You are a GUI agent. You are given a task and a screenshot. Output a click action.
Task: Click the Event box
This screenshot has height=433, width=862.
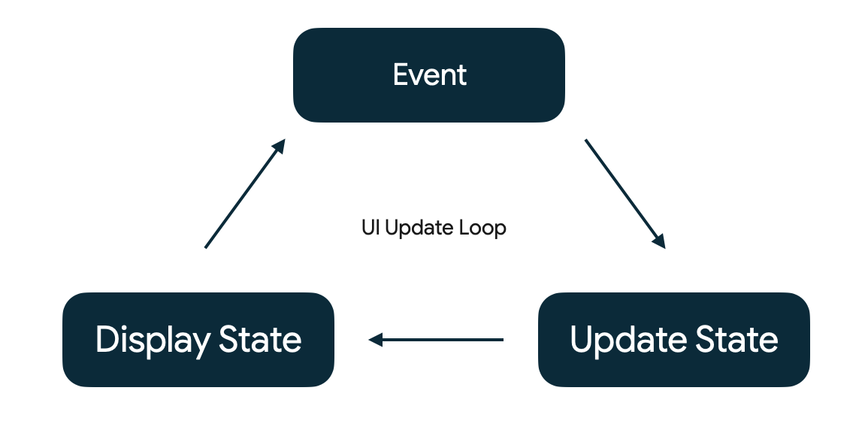pyautogui.click(x=428, y=75)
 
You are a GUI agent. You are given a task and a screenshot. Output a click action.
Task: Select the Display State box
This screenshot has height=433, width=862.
pyautogui.click(x=198, y=340)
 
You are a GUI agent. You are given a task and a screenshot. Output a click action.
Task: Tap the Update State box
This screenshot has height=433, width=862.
pyautogui.click(x=673, y=340)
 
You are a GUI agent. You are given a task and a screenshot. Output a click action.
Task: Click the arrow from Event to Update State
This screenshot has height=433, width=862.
pyautogui.click(x=625, y=193)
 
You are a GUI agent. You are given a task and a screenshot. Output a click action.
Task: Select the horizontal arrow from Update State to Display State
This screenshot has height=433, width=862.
pyautogui.click(x=436, y=340)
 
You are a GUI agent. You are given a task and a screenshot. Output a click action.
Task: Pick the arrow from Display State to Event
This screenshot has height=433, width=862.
pyautogui.click(x=245, y=193)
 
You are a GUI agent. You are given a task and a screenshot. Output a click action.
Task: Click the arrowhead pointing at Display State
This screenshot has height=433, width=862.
pyautogui.click(x=375, y=340)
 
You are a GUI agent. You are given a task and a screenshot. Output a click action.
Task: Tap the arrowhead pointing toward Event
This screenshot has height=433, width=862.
pyautogui.click(x=280, y=145)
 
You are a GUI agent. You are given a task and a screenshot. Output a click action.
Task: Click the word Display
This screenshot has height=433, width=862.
pyautogui.click(x=153, y=341)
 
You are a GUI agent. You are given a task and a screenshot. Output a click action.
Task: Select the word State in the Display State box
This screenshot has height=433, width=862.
pyautogui.click(x=260, y=340)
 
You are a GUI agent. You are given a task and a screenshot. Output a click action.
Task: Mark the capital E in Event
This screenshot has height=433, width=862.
pyautogui.click(x=401, y=75)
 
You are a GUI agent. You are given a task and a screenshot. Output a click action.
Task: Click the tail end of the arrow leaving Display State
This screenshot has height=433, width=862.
pyautogui.click(x=206, y=247)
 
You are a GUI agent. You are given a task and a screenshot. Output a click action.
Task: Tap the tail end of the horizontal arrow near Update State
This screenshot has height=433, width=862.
pyautogui.click(x=502, y=340)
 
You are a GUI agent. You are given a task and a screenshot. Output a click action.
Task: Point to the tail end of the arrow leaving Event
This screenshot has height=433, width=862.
pyautogui.click(x=586, y=140)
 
